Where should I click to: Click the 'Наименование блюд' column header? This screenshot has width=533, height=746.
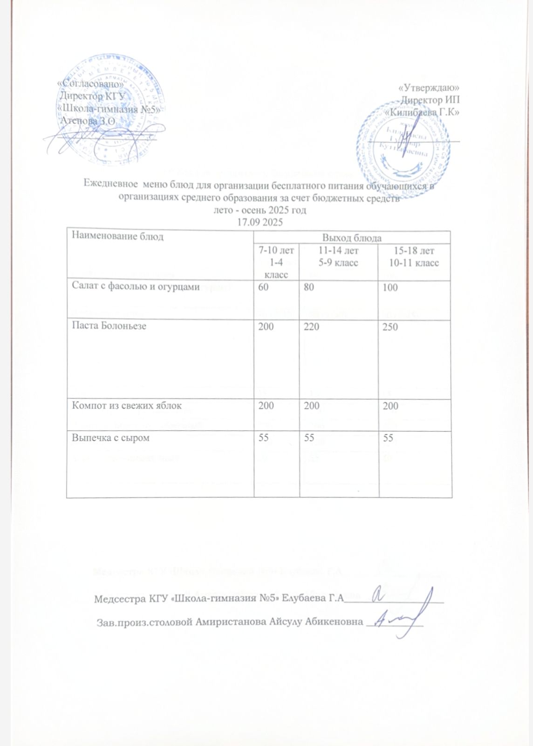point(117,236)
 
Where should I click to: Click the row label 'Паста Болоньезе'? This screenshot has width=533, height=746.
point(109,326)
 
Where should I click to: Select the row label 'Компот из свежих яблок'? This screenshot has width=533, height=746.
point(126,406)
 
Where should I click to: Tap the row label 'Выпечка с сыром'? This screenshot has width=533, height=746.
point(110,438)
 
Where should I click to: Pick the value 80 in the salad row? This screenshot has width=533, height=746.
point(309,288)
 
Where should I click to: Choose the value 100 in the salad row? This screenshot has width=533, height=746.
point(390,288)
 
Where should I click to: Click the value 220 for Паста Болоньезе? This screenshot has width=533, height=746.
point(312,327)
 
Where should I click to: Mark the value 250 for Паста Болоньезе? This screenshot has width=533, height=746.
point(390,327)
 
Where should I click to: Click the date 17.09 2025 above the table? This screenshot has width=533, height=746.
point(260,222)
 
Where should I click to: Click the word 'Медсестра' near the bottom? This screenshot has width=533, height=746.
point(115,599)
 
